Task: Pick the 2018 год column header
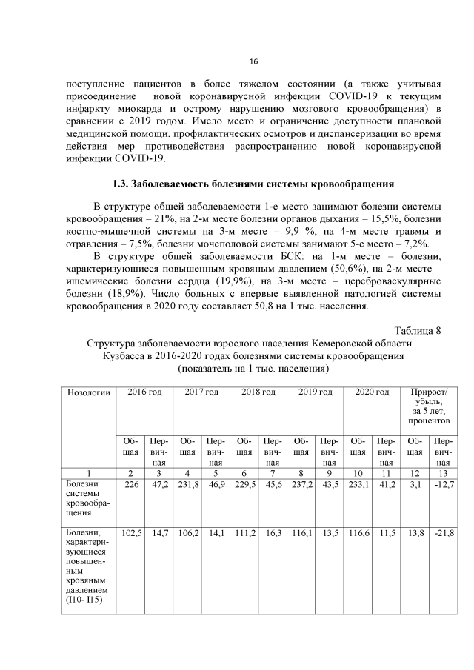point(258,391)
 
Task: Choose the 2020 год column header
point(372,391)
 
